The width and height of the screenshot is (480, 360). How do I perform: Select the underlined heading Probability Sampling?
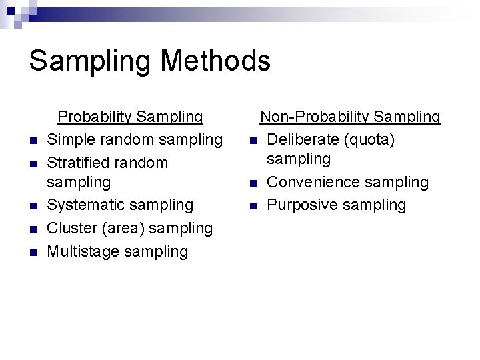pyautogui.click(x=130, y=117)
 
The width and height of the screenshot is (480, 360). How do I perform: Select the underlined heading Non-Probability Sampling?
pyautogui.click(x=350, y=117)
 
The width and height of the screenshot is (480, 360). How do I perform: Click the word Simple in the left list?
pyautogui.click(x=71, y=140)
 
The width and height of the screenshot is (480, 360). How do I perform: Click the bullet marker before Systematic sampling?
pyautogui.click(x=32, y=207)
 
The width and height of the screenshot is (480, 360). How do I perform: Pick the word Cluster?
pyautogui.click(x=72, y=228)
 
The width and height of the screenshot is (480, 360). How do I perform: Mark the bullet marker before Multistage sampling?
pyautogui.click(x=32, y=253)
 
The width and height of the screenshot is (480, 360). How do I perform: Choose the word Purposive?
pyautogui.click(x=300, y=205)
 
